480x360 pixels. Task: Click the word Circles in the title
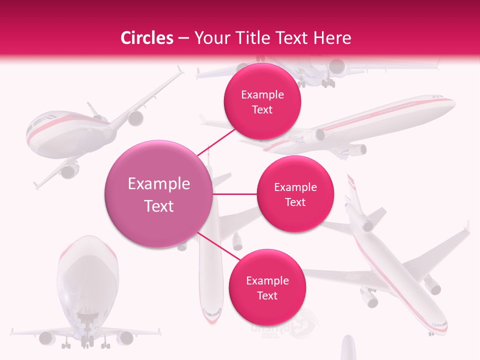(x=146, y=38)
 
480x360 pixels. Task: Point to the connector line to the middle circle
(x=235, y=194)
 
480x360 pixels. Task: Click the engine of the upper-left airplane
(x=135, y=118)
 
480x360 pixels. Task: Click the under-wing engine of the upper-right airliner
(x=358, y=148)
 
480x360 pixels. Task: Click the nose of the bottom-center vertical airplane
(x=211, y=318)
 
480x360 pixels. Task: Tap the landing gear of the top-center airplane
(x=327, y=83)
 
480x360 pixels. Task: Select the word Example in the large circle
(x=159, y=184)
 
